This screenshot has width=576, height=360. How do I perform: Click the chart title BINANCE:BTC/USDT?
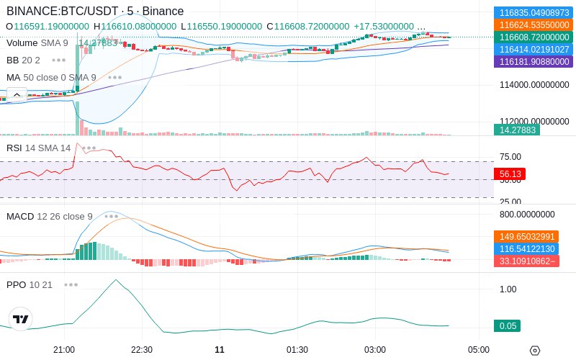[x=63, y=11]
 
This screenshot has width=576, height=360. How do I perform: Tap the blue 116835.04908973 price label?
[x=534, y=12]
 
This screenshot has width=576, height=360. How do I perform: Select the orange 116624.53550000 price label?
[x=534, y=25]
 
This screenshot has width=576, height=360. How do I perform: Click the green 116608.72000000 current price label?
[x=534, y=37]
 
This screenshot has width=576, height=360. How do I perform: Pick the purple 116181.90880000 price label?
[x=534, y=61]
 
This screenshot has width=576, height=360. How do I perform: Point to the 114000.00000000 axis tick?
[x=534, y=85]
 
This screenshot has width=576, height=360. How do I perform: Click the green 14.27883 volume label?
[x=517, y=130]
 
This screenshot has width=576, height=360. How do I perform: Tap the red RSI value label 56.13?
[x=510, y=174]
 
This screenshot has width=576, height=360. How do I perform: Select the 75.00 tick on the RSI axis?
[x=510, y=157]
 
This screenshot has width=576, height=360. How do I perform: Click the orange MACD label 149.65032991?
[x=526, y=237]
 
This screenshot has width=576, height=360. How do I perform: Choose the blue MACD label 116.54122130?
[x=526, y=248]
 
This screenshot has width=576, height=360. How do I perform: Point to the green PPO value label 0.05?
[x=508, y=326]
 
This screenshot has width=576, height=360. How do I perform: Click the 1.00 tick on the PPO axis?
[x=508, y=289]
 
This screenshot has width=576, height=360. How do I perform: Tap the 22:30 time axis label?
[x=142, y=350]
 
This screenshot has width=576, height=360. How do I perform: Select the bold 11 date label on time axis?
[x=220, y=350]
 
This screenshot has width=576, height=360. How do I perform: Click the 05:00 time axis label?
[x=479, y=350]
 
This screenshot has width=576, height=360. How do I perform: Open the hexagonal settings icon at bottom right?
[x=535, y=351]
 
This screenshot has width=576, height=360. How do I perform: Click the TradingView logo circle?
[x=21, y=319]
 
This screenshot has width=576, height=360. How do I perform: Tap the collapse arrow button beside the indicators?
[x=17, y=95]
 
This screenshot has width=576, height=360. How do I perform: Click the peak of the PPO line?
[x=116, y=280]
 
